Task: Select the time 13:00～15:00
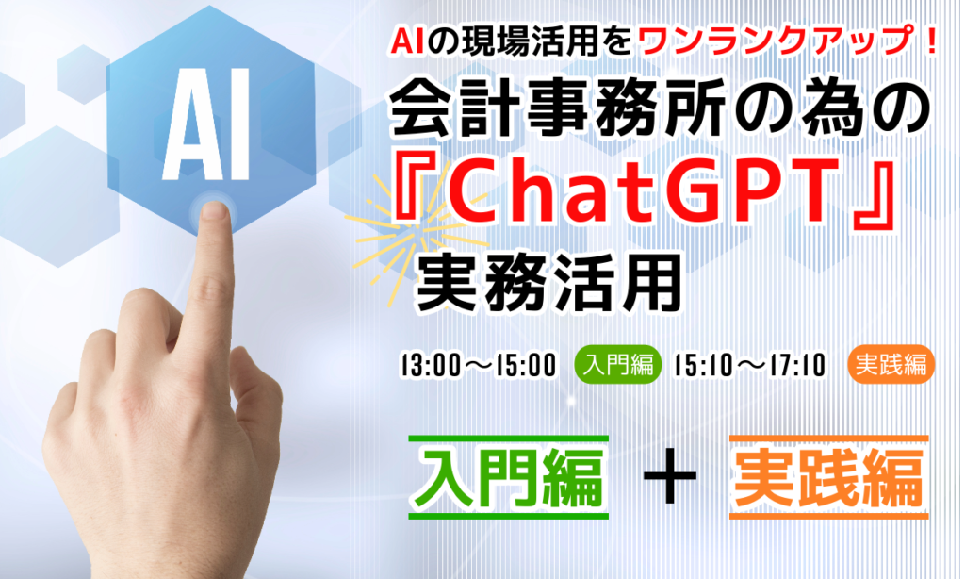[478, 365]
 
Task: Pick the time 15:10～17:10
[749, 365]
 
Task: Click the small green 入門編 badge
[618, 365]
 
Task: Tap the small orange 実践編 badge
[891, 365]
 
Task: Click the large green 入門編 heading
[509, 477]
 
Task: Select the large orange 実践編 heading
[828, 477]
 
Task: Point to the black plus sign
[670, 477]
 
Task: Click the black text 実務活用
[549, 284]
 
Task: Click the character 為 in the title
[844, 111]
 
